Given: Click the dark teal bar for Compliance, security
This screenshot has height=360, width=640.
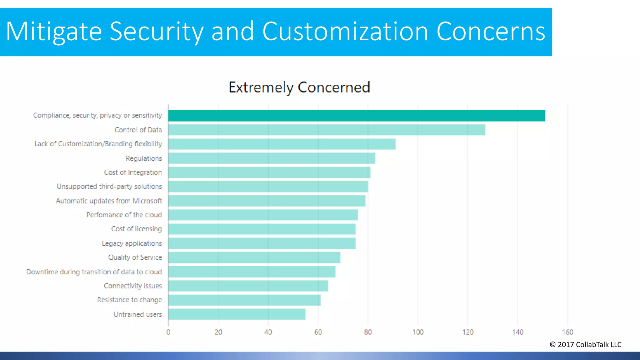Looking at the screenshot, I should pyautogui.click(x=356, y=116).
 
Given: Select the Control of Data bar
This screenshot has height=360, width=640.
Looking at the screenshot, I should pyautogui.click(x=327, y=130).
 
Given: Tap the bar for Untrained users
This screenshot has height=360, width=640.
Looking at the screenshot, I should pyautogui.click(x=237, y=314).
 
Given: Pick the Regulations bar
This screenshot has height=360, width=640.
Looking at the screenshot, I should pyautogui.click(x=272, y=158).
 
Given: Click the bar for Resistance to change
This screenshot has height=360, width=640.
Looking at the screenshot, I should pyautogui.click(x=244, y=300).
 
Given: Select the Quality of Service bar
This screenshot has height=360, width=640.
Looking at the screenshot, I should pyautogui.click(x=254, y=257).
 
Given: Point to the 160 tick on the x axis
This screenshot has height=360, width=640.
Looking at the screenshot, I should pyautogui.click(x=567, y=332).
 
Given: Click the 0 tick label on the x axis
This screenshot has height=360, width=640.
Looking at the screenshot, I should pyautogui.click(x=168, y=332).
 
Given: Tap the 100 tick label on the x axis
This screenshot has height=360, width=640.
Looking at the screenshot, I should pyautogui.click(x=418, y=332).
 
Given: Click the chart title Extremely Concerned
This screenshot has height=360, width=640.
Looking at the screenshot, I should pyautogui.click(x=299, y=87).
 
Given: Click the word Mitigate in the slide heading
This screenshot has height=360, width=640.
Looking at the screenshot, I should pyautogui.click(x=54, y=32).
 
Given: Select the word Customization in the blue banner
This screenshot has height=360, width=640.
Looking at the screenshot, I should pyautogui.click(x=345, y=32).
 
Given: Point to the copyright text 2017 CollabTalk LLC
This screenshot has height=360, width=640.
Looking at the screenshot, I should pyautogui.click(x=586, y=345).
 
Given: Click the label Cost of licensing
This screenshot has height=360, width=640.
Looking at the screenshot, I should pyautogui.click(x=137, y=229).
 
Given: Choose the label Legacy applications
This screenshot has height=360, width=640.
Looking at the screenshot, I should pyautogui.click(x=132, y=243).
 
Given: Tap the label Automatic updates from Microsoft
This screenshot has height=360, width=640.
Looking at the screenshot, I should pyautogui.click(x=109, y=201).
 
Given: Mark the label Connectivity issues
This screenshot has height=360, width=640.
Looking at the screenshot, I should pyautogui.click(x=133, y=286).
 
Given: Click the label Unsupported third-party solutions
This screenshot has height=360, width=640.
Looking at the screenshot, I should pyautogui.click(x=109, y=187).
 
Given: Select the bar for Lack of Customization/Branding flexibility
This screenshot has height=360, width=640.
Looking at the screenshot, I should pyautogui.click(x=282, y=144).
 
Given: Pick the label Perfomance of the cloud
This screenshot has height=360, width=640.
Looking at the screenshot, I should pyautogui.click(x=124, y=215).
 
